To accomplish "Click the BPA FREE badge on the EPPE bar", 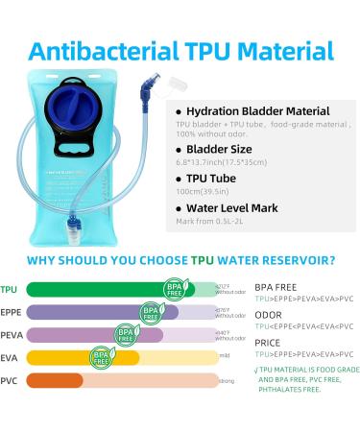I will click(152, 312).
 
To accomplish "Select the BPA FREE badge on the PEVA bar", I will click(125, 335).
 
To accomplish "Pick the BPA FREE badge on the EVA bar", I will click(102, 358).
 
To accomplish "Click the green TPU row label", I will click(10, 289).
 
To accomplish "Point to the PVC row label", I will click(10, 381).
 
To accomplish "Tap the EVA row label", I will click(10, 358).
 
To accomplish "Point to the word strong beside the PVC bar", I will click(227, 382).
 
